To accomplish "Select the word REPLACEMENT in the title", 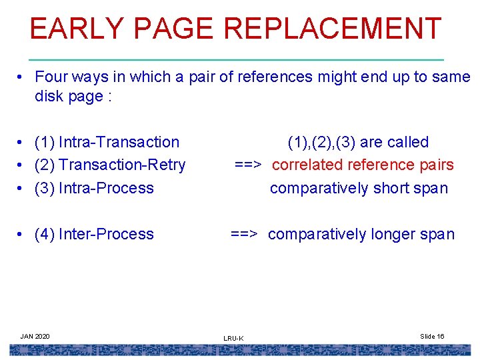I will [333, 29].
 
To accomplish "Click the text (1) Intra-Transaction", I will [107, 142].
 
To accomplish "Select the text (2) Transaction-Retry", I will [110, 165].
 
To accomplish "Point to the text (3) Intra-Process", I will [94, 188].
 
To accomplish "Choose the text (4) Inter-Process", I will [94, 234].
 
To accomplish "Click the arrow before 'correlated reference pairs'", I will [248, 165].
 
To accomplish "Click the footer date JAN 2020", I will [35, 336].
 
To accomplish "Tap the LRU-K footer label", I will [233, 339].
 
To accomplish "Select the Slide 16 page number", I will [432, 336].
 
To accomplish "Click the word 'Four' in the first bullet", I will [50, 77].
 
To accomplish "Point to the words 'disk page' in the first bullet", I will [69, 96].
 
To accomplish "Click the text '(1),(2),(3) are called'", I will [358, 142].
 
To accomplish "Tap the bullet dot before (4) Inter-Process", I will [23, 235].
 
